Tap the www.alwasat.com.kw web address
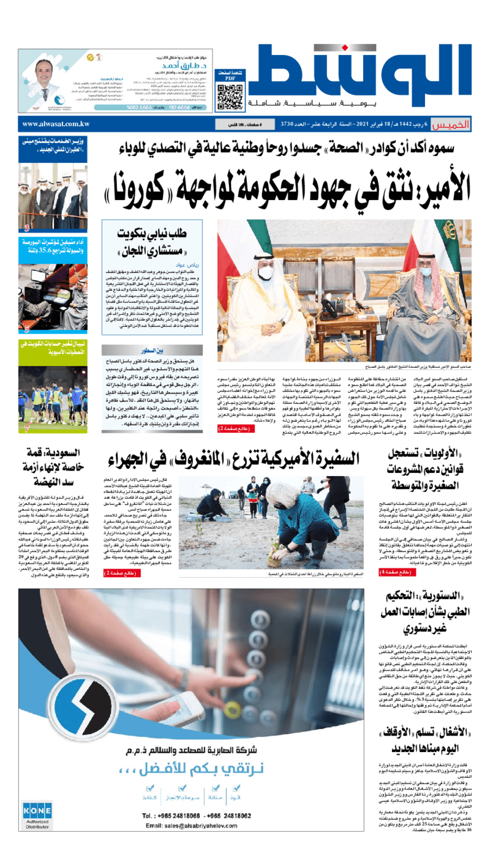point(56,124)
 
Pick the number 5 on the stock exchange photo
point(27,329)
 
